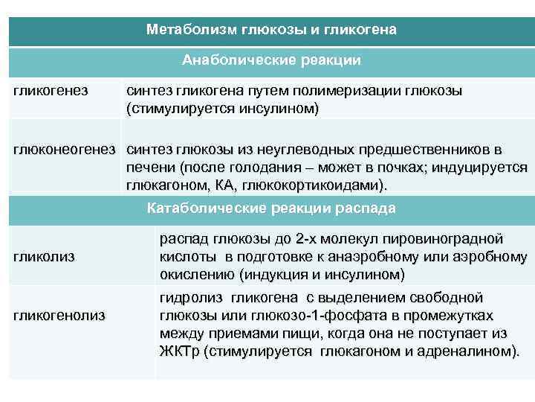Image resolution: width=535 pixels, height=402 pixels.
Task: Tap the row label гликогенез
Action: coord(50,91)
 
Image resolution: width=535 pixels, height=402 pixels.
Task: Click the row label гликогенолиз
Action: coord(59,315)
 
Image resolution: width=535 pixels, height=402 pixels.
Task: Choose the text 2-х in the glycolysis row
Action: coord(307,239)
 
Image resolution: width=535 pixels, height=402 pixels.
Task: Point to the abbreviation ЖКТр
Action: coord(181,350)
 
